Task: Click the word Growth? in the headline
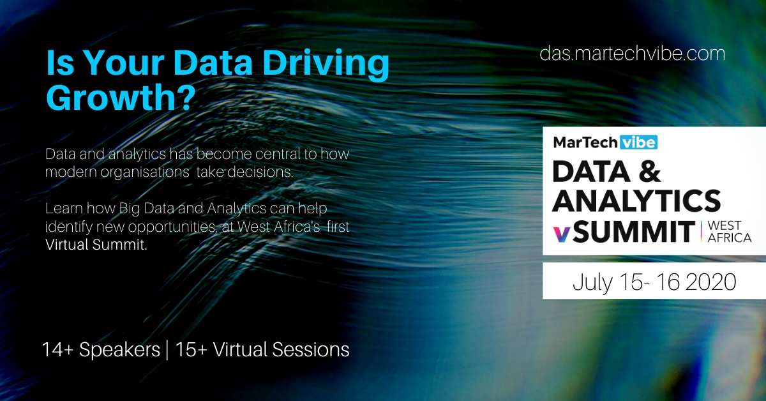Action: pos(121,97)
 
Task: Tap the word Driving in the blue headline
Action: pos(326,64)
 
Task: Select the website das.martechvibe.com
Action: pos(633,54)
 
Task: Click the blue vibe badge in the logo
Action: pos(638,142)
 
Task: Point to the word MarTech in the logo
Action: pos(585,142)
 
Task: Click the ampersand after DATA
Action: pos(649,170)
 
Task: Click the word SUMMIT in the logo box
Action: pos(634,232)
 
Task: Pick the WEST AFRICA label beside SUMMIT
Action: pos(729,232)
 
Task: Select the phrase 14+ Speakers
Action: pos(101,350)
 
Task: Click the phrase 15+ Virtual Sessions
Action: pos(262,350)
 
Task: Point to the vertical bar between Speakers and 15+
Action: pos(167,350)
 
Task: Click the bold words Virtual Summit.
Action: pos(96,245)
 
